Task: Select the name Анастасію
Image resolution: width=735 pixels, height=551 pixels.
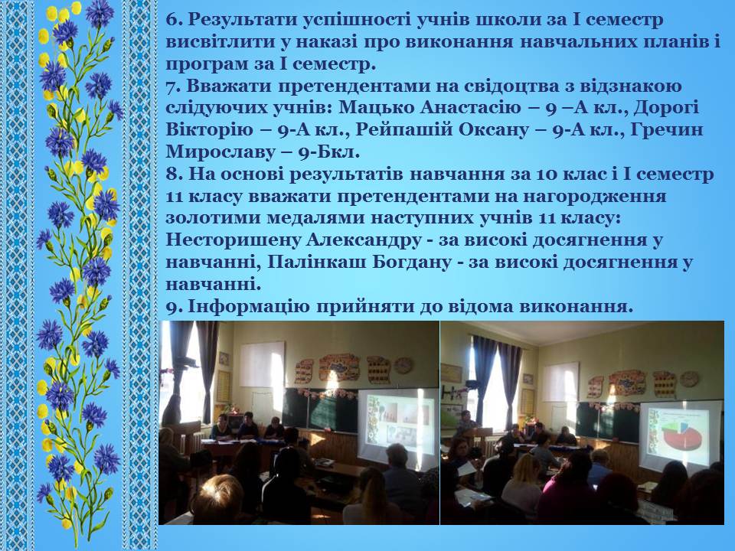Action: coord(470,108)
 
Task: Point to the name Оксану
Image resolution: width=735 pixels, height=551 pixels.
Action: coord(492,130)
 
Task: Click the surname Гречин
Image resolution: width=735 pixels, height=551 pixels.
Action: coord(667,130)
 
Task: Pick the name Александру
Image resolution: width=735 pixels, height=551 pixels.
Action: coord(364,240)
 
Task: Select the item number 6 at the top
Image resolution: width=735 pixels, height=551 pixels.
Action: coord(173,20)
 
